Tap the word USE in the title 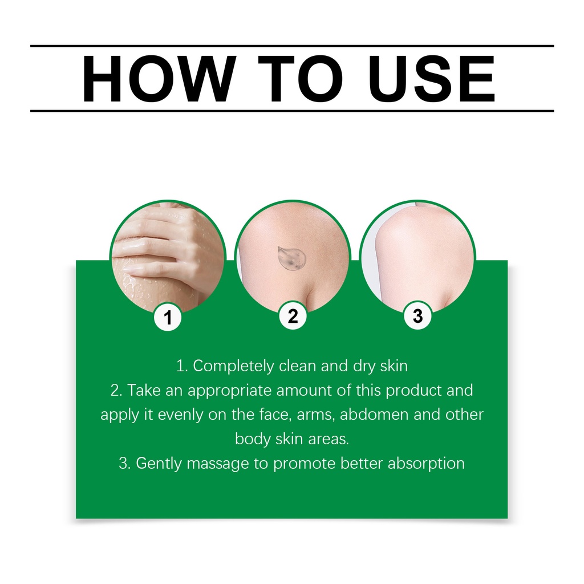(431, 79)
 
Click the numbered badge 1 (168, 318)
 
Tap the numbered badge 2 (293, 316)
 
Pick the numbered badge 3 (418, 316)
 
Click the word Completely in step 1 (233, 366)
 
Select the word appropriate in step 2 (230, 391)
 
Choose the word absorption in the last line (426, 464)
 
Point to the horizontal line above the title (292, 46)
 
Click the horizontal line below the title (292, 111)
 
